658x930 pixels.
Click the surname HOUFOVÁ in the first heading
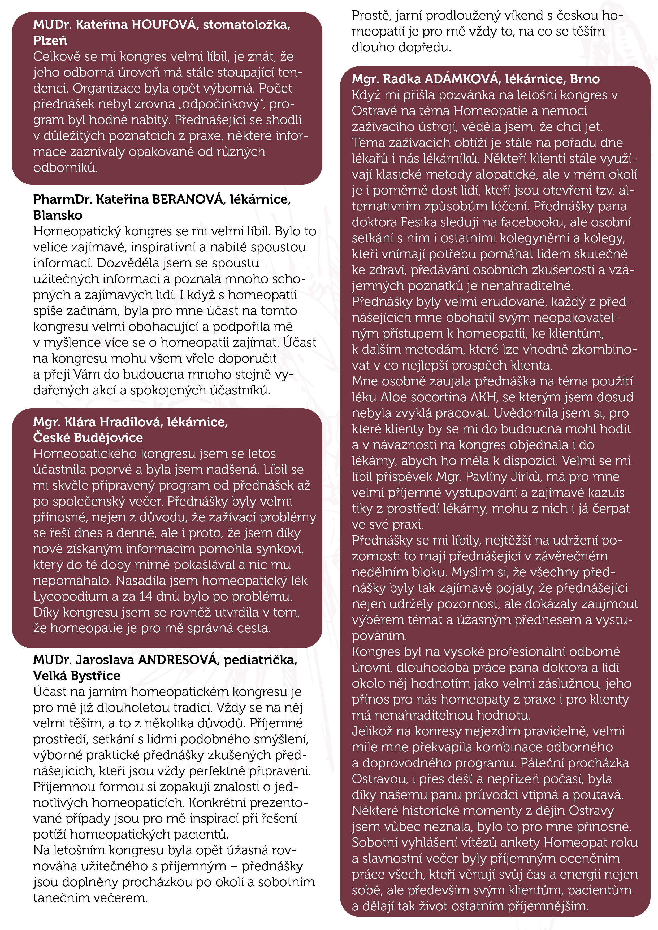[164, 25]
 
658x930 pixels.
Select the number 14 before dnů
[146, 597]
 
